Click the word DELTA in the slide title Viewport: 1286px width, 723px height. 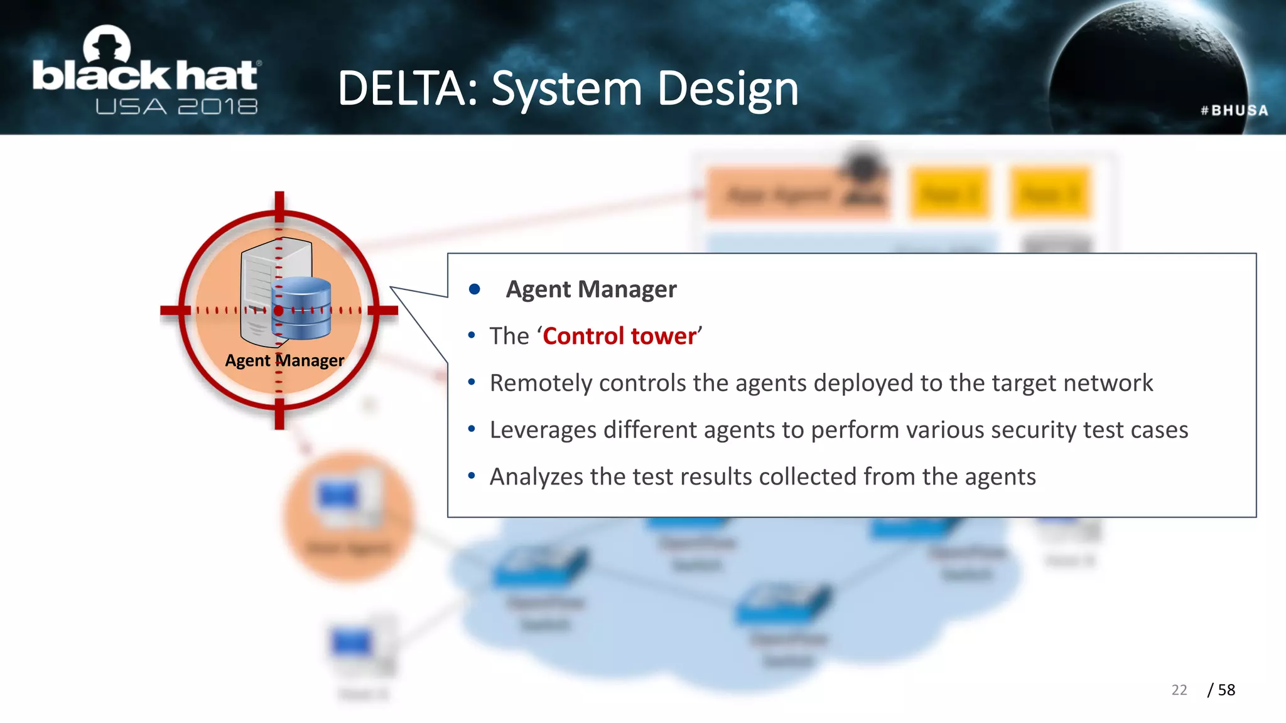point(402,88)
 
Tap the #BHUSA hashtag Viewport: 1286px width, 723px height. point(1234,110)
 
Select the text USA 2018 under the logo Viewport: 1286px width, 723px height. point(176,107)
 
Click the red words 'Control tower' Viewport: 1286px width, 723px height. point(620,336)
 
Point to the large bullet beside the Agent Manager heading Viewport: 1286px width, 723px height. point(475,289)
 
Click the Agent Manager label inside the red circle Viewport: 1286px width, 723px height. point(284,361)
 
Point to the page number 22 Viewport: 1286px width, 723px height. point(1179,690)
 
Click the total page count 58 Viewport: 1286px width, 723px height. point(1226,690)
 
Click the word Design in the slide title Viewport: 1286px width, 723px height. point(728,88)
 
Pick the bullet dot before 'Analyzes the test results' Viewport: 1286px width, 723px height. point(472,476)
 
